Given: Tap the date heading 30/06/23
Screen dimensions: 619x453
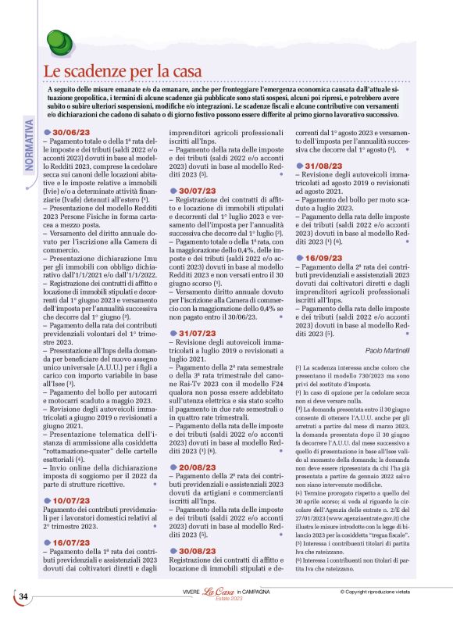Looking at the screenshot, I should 73,133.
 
